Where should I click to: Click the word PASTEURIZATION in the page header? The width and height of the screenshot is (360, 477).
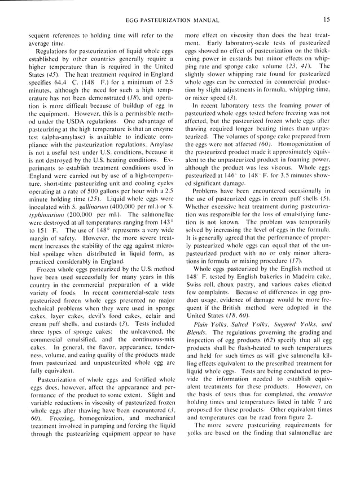pos(181,20)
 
